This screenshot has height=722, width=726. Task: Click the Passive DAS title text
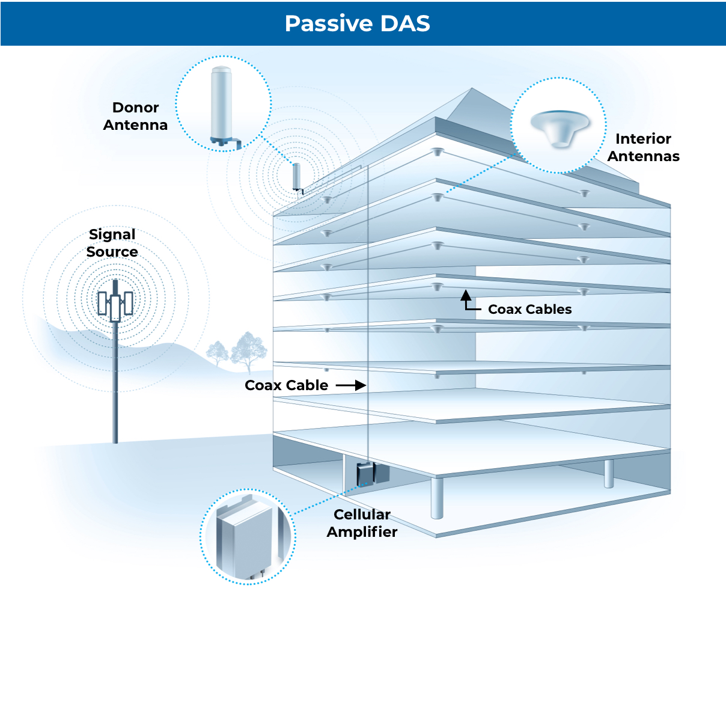(x=357, y=23)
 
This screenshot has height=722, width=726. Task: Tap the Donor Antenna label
(x=135, y=116)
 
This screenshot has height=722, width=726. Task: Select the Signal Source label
(x=112, y=243)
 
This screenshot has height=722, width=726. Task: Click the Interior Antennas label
(x=643, y=147)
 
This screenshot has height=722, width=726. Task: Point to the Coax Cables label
(x=529, y=309)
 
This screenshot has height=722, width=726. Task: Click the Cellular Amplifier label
(x=362, y=523)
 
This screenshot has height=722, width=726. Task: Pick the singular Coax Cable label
(x=286, y=385)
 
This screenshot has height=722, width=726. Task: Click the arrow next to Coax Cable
(x=351, y=385)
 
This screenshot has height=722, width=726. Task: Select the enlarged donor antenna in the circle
(x=221, y=102)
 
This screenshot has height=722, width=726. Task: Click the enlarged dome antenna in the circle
(x=558, y=126)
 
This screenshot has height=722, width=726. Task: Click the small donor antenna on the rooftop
(x=296, y=176)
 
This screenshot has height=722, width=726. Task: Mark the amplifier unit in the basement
(x=366, y=474)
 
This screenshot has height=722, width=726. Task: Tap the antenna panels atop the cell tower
(x=115, y=304)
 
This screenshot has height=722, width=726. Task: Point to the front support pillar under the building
(x=437, y=497)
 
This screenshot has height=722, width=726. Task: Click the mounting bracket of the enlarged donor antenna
(x=228, y=142)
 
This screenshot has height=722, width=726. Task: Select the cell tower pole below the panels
(x=115, y=385)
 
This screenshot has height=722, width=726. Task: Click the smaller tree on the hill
(x=217, y=353)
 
